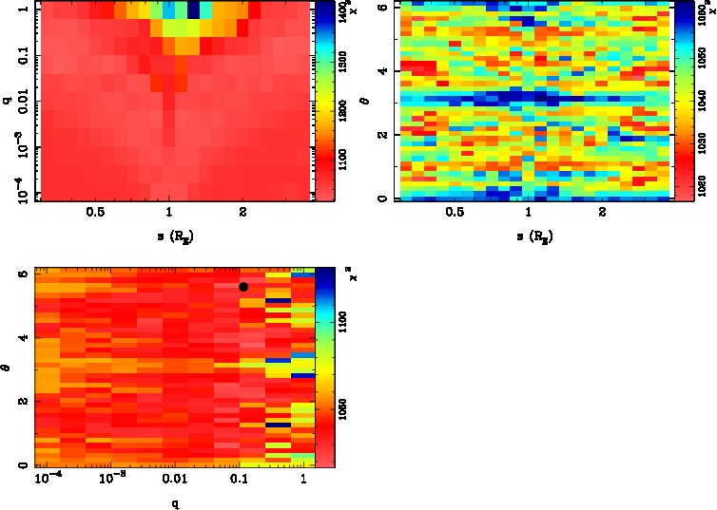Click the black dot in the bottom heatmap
[243, 287]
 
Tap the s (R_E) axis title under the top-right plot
[529, 234]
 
